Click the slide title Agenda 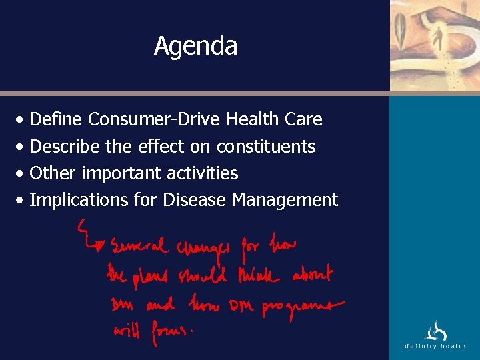[195, 46]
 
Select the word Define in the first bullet [56, 119]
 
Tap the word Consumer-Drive [155, 119]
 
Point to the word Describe [65, 146]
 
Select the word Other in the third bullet [53, 173]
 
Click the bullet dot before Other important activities [23, 174]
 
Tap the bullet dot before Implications [23, 201]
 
